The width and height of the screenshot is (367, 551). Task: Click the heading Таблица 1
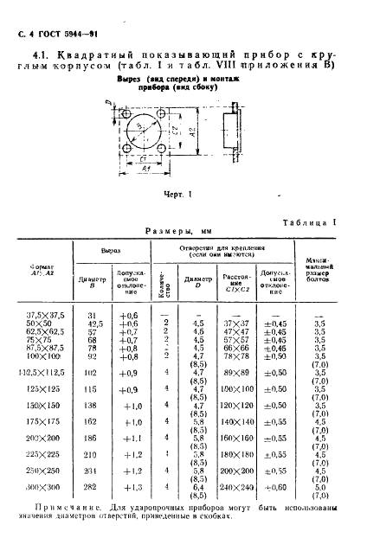(x=311, y=223)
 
